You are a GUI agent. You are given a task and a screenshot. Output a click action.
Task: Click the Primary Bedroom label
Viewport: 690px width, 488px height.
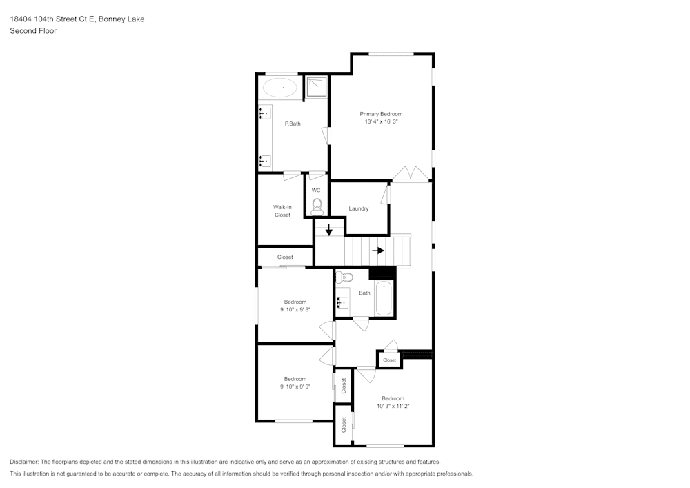[x=381, y=114]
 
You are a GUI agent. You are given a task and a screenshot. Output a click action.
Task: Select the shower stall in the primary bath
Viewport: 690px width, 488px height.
[x=317, y=86]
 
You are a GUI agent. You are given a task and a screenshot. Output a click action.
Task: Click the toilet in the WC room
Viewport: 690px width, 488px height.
[x=317, y=205]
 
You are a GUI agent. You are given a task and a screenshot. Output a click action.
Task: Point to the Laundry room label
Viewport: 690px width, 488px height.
[x=358, y=208]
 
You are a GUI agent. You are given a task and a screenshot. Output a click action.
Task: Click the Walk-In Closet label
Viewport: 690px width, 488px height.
[x=282, y=211]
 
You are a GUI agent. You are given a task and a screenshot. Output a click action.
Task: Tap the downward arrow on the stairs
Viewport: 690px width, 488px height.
[x=328, y=229]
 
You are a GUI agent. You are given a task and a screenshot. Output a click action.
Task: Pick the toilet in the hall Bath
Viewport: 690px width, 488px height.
[x=345, y=277]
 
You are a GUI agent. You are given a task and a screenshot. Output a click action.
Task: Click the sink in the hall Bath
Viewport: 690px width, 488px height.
[x=342, y=302]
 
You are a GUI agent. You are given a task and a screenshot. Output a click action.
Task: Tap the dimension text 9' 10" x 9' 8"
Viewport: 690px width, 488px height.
[x=295, y=310]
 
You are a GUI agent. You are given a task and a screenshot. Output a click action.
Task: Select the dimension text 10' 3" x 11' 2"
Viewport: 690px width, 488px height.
[x=393, y=407]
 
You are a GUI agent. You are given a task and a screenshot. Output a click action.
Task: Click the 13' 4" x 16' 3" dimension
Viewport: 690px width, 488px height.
[x=381, y=122]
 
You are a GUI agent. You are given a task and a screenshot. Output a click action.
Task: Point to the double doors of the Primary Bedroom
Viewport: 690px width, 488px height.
[x=411, y=174]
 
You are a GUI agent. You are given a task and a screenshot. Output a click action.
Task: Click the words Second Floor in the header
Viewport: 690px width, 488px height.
[x=33, y=31]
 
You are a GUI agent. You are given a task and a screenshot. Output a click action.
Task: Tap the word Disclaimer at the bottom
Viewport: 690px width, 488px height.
[x=25, y=462]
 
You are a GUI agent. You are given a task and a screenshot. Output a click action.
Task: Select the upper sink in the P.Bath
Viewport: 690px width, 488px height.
[x=265, y=113]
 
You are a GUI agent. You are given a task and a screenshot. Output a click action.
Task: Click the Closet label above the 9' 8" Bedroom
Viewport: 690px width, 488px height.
[x=285, y=257]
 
